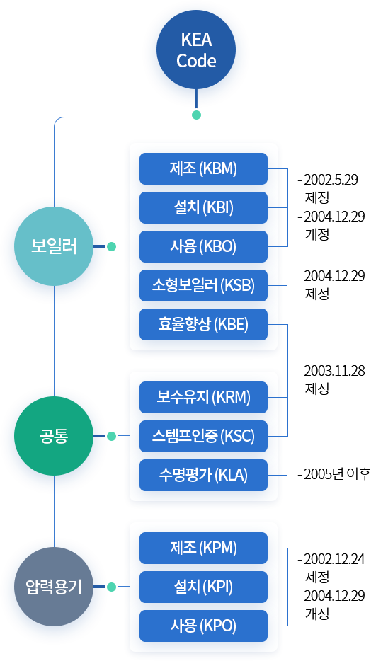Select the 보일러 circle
pos(54,247)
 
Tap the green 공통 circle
pos(54,436)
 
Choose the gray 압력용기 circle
pos(54,587)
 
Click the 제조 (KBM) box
pos(203,169)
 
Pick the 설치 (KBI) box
pos(203,208)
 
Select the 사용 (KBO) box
pos(203,247)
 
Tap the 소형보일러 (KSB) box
pos(203,286)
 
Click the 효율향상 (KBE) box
pos(203,325)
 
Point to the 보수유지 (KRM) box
pos(203,397)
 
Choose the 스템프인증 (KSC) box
pos(203,436)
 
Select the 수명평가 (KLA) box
pos(203,475)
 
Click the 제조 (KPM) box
pos(203,548)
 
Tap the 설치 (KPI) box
pos(203,587)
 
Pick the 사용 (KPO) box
pos(203,626)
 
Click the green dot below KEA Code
pos(196,115)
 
